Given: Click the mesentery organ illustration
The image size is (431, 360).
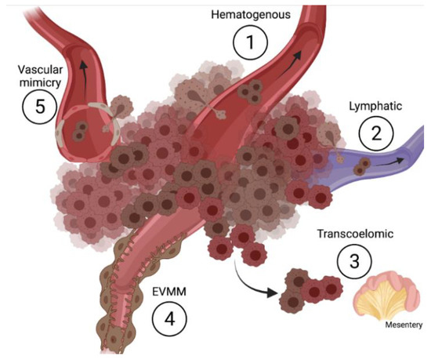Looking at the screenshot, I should coord(385,297).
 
